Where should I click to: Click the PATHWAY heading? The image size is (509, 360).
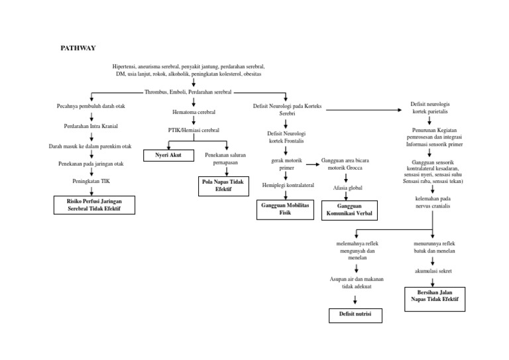tap(78, 48)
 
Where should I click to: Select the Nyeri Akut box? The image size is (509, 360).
tap(168, 156)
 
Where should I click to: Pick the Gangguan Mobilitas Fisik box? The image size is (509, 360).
tap(284, 210)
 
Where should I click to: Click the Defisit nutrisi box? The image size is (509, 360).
tap(355, 314)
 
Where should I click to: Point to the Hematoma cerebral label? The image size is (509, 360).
tap(194, 113)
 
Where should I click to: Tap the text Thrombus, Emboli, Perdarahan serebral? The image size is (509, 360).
tap(188, 92)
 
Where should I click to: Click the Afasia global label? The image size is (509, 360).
tap(347, 188)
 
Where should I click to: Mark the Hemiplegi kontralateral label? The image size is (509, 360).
tap(288, 184)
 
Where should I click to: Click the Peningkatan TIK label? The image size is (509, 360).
tap(91, 180)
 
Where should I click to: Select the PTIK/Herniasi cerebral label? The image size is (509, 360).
tap(194, 131)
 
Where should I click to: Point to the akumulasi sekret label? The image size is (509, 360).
tap(433, 271)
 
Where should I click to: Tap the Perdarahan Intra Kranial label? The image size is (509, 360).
tap(91, 126)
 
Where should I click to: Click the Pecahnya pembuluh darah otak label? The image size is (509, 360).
tap(91, 106)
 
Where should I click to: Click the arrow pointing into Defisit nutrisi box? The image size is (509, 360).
tap(355, 299)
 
